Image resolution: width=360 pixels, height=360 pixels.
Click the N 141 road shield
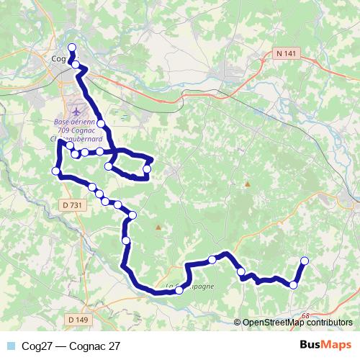[285, 53]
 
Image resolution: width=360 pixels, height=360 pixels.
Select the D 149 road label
[77, 319]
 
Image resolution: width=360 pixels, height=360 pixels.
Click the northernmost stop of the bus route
[71, 48]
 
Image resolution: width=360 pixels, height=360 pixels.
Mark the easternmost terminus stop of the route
[304, 261]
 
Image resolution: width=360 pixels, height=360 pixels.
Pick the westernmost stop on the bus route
[56, 171]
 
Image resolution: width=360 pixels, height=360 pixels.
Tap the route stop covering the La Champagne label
[179, 290]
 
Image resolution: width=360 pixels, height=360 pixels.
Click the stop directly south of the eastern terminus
[293, 285]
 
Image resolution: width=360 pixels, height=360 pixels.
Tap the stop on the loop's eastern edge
[147, 169]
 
